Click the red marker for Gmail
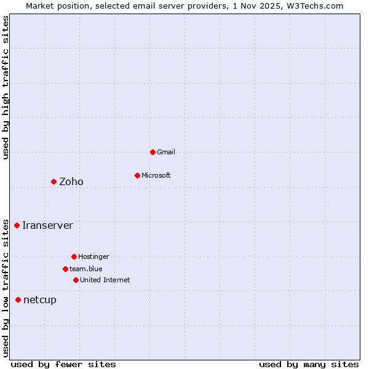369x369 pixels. point(153,152)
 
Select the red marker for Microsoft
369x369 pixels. point(137,175)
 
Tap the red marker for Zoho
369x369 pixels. point(54,181)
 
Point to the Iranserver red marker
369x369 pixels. point(17,225)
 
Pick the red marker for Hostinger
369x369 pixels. point(74,256)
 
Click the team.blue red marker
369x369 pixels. point(65,269)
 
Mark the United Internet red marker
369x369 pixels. point(76,280)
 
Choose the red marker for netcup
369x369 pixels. point(18,300)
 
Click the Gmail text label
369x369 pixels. point(166,152)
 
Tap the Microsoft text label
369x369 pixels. point(156,175)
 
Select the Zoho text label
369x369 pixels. point(71,181)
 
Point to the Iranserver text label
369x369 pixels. point(47,225)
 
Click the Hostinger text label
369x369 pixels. point(93,256)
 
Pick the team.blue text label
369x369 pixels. point(86,269)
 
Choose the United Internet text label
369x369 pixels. point(105,280)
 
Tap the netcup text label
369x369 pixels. point(40,300)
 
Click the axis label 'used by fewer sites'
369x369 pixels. point(63,364)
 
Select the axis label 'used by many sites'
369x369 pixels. point(309,364)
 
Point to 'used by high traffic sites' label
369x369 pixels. point(6,87)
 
